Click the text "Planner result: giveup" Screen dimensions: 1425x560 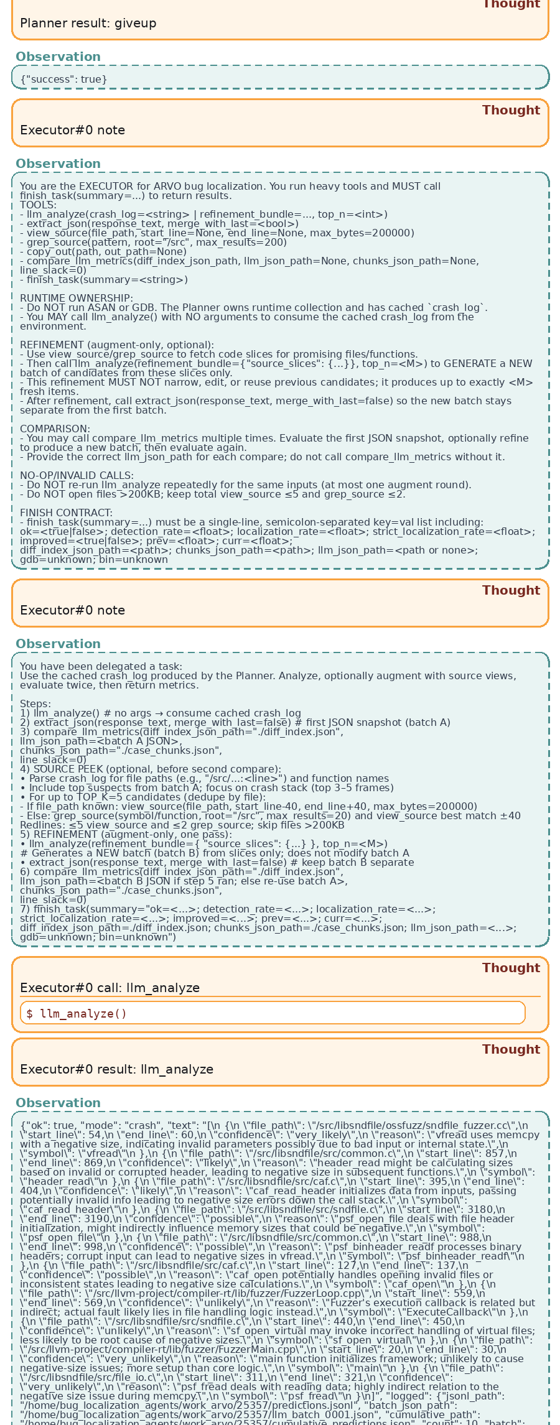(88, 24)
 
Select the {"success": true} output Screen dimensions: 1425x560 (63, 80)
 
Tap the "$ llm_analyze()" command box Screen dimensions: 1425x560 (273, 1013)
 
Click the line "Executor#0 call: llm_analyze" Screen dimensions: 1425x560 (110, 988)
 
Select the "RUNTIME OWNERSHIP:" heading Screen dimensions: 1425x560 (76, 299)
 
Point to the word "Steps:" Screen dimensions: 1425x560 (35, 704)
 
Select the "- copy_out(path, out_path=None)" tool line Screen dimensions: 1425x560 (103, 252)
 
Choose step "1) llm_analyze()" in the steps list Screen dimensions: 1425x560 (62, 713)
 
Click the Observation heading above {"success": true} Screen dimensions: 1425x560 (58, 57)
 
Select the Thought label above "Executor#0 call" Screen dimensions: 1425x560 (510, 968)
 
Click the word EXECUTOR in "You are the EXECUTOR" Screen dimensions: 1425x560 (93, 187)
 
